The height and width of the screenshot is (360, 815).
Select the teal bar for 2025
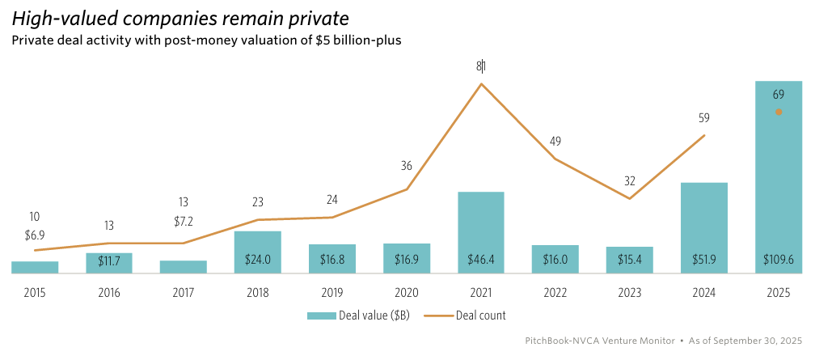coord(778,178)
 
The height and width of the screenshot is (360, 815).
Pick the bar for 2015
coord(35,268)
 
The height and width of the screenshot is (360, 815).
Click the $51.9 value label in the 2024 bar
coord(703,260)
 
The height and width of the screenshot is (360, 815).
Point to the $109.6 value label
coord(778,260)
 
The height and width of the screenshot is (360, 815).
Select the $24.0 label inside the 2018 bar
coord(258,260)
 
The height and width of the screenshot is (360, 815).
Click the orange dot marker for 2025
coord(778,112)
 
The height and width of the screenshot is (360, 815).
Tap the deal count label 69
coord(778,95)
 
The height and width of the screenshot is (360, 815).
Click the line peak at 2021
coord(481,83)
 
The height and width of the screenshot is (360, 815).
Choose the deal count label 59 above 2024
coord(703,117)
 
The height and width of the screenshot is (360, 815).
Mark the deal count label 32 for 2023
coord(629,180)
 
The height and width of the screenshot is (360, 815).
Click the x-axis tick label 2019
coord(332,292)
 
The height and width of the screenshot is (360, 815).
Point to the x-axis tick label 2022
coord(555,292)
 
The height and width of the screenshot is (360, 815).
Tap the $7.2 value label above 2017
coord(184,221)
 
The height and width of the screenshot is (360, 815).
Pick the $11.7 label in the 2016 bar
coord(109,260)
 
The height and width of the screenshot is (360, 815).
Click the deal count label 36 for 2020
coord(407,166)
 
